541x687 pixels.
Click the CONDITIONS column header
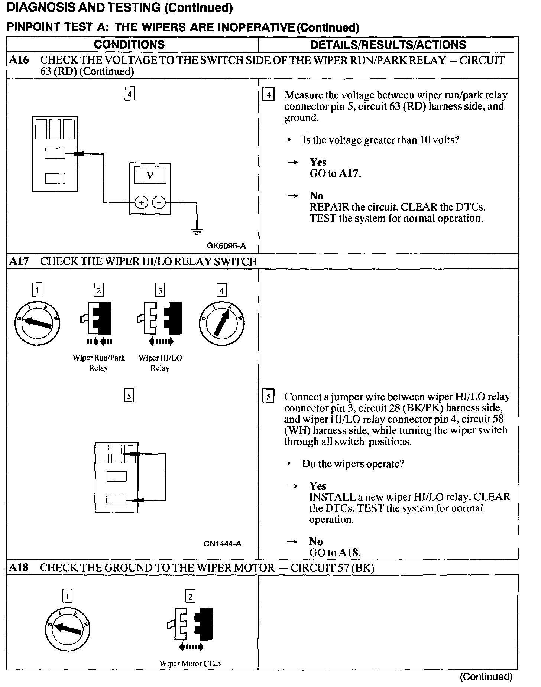pyautogui.click(x=129, y=45)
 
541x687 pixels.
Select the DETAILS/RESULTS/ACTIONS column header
pyautogui.click(x=388, y=45)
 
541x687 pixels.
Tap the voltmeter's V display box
pyautogui.click(x=150, y=175)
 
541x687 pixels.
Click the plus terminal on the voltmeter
pyautogui.click(x=141, y=202)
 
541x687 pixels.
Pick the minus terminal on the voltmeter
pyautogui.click(x=159, y=202)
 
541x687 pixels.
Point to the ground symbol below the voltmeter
pyautogui.click(x=197, y=231)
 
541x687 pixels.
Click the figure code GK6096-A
pyautogui.click(x=226, y=245)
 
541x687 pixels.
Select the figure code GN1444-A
pyautogui.click(x=222, y=544)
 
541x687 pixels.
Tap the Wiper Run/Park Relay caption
pyautogui.click(x=98, y=363)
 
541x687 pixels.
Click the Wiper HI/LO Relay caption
pyautogui.click(x=160, y=363)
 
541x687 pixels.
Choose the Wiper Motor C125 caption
pyautogui.click(x=190, y=663)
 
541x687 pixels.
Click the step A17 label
pyautogui.click(x=19, y=261)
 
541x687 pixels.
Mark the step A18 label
pyautogui.click(x=19, y=567)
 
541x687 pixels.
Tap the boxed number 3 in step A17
pyautogui.click(x=160, y=290)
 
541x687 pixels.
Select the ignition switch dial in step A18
pyautogui.click(x=68, y=629)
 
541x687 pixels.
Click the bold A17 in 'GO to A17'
pyautogui.click(x=349, y=173)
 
